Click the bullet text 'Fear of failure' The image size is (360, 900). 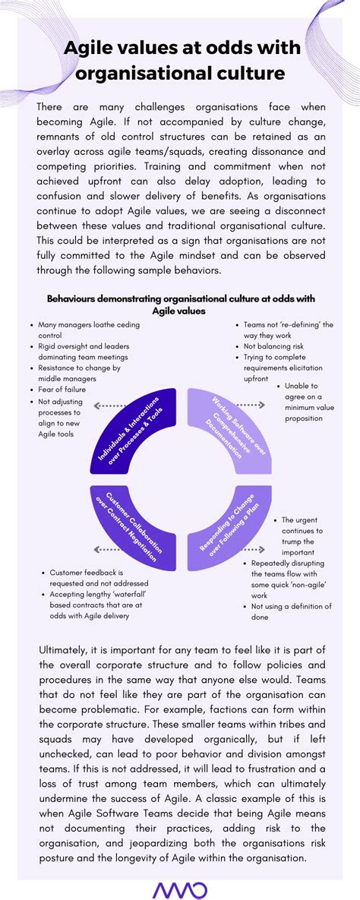62,390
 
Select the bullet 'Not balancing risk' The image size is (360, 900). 274,346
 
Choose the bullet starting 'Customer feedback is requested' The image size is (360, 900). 91,577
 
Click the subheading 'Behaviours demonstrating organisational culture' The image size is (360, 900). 181,299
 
